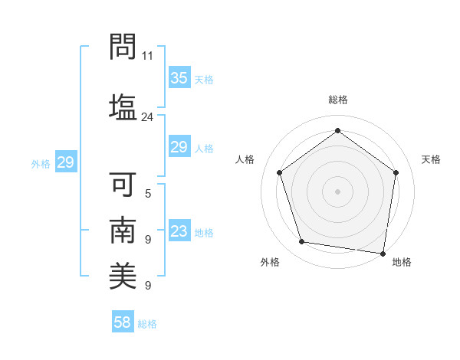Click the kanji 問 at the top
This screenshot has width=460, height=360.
click(122, 47)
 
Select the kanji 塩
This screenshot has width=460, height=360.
click(122, 105)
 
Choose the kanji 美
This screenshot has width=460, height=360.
click(122, 276)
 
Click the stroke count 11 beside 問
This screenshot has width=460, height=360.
click(148, 56)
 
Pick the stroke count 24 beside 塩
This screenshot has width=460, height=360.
click(148, 117)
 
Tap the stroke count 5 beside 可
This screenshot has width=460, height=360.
click(148, 194)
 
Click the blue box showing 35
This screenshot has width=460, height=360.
click(179, 78)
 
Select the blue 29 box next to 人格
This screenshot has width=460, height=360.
click(179, 147)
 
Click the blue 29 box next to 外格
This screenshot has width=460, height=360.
click(65, 162)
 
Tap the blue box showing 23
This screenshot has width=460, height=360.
click(179, 231)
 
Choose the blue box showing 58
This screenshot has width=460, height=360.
click(123, 322)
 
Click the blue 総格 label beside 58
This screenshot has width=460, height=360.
click(147, 324)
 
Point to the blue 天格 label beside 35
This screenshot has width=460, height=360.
click(203, 80)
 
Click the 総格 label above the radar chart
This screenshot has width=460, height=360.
click(338, 100)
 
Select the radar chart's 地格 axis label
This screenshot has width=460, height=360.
click(402, 262)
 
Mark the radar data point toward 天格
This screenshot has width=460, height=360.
click(396, 172)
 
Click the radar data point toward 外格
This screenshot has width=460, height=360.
click(302, 242)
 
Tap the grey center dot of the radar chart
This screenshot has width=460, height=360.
click(338, 191)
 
